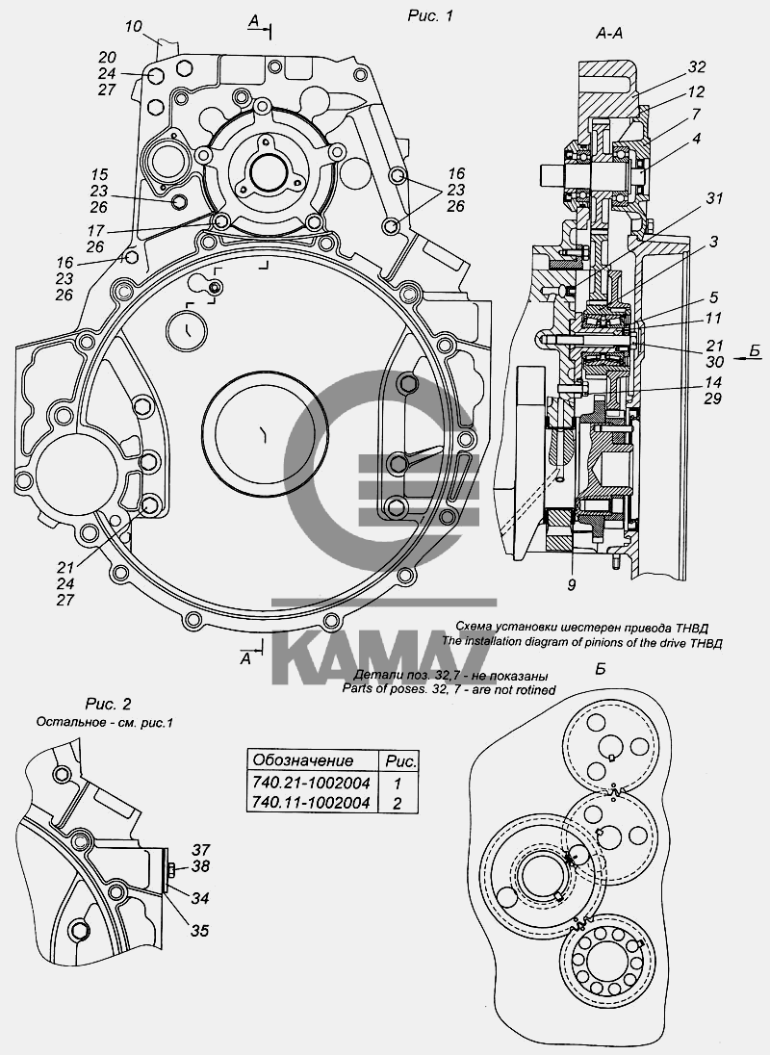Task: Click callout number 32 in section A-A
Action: [x=697, y=67]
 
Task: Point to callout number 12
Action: [x=697, y=91]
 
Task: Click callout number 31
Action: [x=713, y=198]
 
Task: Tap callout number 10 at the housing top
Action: [x=133, y=25]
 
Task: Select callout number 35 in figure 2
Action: [x=199, y=931]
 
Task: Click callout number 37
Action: [x=199, y=849]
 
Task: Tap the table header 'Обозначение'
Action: [x=301, y=760]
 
